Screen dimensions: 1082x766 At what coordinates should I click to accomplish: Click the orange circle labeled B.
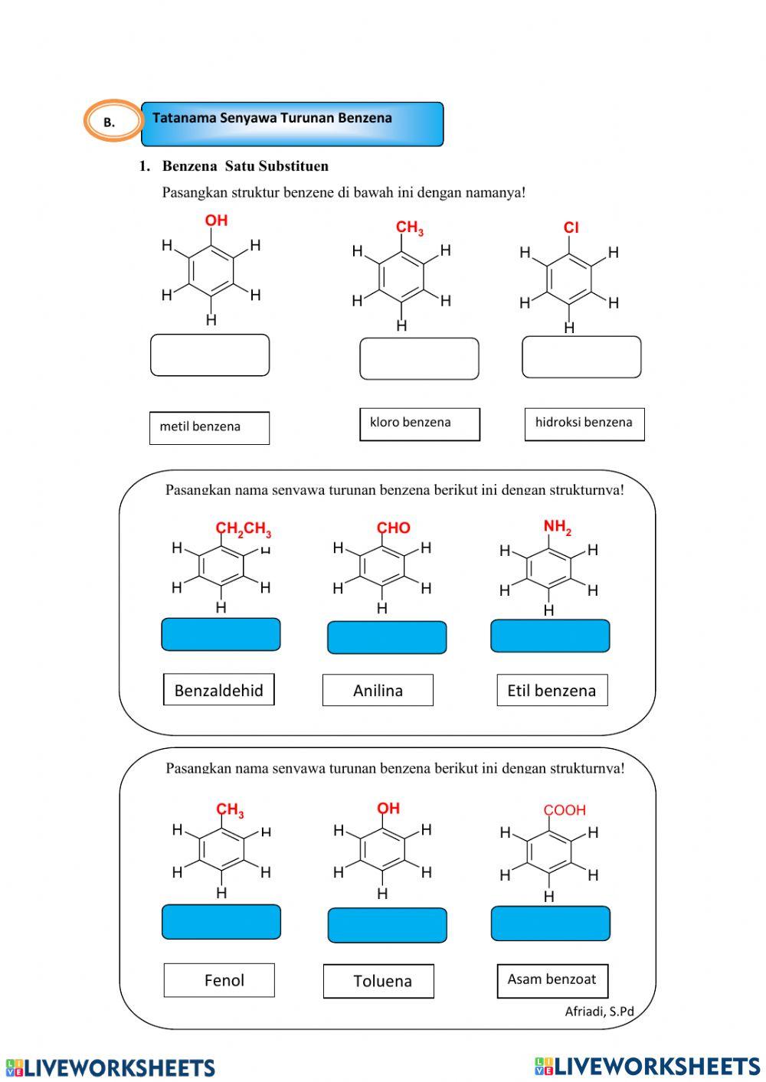pyautogui.click(x=113, y=121)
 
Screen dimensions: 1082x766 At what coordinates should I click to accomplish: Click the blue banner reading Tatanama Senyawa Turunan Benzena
pyautogui.click(x=292, y=123)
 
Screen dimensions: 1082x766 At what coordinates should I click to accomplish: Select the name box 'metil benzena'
pyautogui.click(x=209, y=428)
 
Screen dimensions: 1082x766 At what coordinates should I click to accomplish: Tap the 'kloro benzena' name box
pyautogui.click(x=419, y=424)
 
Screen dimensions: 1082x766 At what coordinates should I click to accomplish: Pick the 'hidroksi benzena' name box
pyautogui.click(x=584, y=424)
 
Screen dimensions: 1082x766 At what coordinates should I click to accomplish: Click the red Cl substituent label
pyautogui.click(x=571, y=227)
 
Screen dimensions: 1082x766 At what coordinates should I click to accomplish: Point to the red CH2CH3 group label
pyautogui.click(x=243, y=529)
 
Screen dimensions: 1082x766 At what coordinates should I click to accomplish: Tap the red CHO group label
pyautogui.click(x=394, y=528)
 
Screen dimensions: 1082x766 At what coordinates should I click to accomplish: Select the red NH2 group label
pyautogui.click(x=557, y=527)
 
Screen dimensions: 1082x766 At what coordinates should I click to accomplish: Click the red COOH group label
pyautogui.click(x=565, y=810)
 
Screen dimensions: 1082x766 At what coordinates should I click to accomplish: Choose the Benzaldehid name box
pyautogui.click(x=218, y=690)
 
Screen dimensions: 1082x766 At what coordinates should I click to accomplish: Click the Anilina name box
pyautogui.click(x=378, y=690)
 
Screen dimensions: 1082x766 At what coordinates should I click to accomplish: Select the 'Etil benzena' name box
pyautogui.click(x=552, y=690)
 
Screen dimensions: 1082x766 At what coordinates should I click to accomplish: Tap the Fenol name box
pyautogui.click(x=219, y=980)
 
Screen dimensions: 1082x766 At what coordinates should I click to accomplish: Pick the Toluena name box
pyautogui.click(x=378, y=981)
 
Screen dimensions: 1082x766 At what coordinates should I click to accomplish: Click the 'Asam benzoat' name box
pyautogui.click(x=552, y=980)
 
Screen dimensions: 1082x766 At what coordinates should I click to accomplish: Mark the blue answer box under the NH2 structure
pyautogui.click(x=550, y=636)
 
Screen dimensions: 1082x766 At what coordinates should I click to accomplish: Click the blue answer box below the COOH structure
pyautogui.click(x=550, y=923)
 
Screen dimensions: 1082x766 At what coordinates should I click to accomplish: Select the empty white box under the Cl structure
pyautogui.click(x=581, y=357)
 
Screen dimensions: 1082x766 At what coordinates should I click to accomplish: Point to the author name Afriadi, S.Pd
pyautogui.click(x=599, y=1012)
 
